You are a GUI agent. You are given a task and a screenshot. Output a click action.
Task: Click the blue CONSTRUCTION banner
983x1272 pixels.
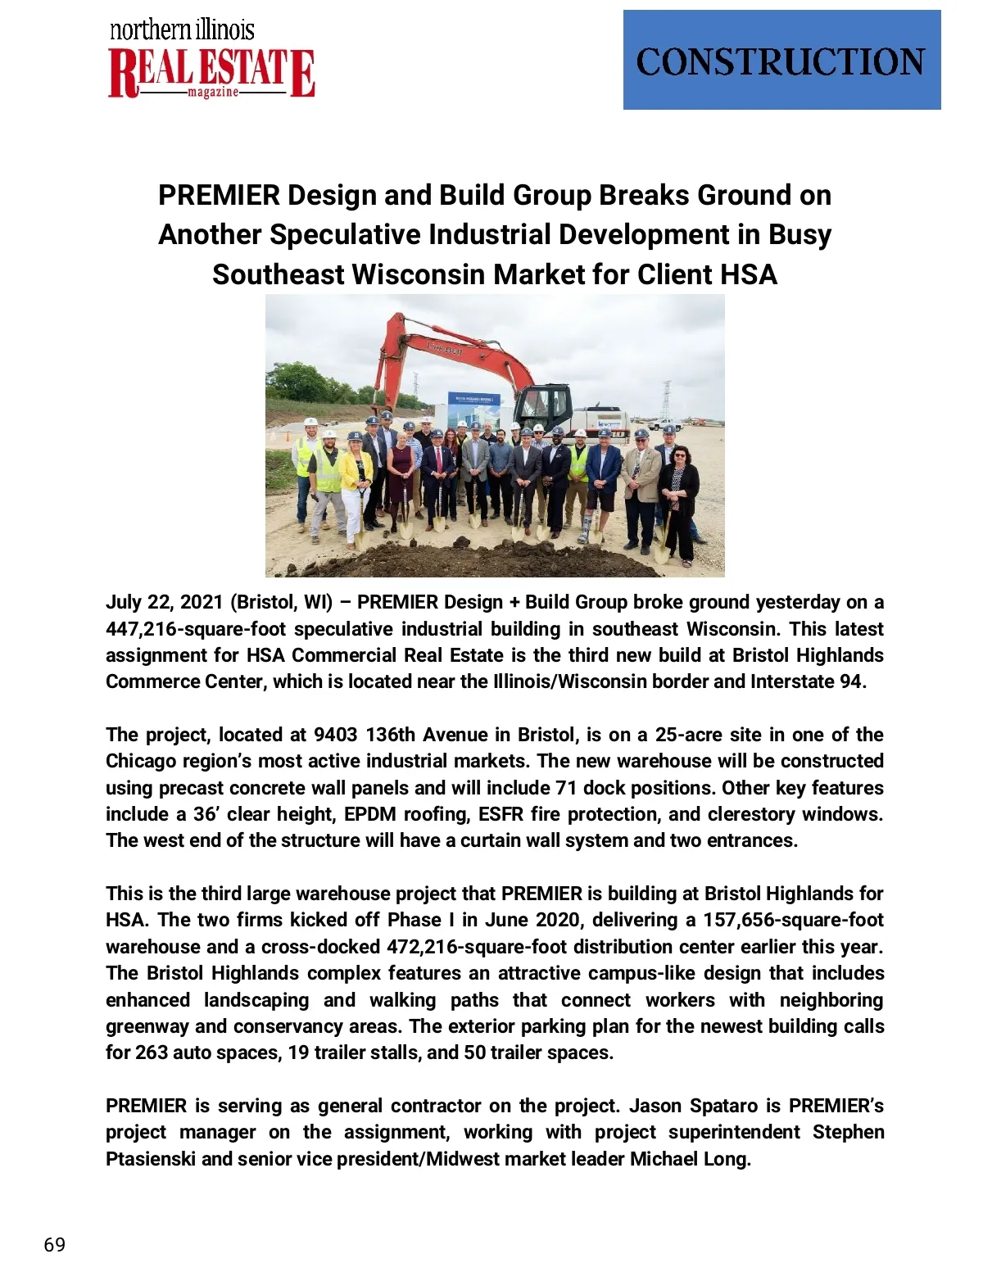point(781,60)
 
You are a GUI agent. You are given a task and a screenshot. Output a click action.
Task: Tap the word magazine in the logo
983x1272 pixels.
point(213,93)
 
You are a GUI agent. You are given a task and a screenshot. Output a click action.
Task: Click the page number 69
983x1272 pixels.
point(54,1245)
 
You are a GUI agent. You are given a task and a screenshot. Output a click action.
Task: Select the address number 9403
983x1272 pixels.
point(336,735)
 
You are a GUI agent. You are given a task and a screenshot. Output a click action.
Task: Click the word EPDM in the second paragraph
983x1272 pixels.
point(371,814)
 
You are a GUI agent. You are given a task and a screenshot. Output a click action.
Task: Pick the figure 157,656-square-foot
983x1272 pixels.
point(793,920)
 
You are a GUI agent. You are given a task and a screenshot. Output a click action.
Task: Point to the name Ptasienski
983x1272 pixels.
point(151,1159)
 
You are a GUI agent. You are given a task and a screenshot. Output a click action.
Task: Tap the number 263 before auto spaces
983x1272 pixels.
point(152,1052)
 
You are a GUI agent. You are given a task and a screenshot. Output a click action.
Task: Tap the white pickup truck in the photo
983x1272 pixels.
point(664,425)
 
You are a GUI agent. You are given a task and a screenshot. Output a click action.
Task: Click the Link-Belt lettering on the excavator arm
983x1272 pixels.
point(445,349)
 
